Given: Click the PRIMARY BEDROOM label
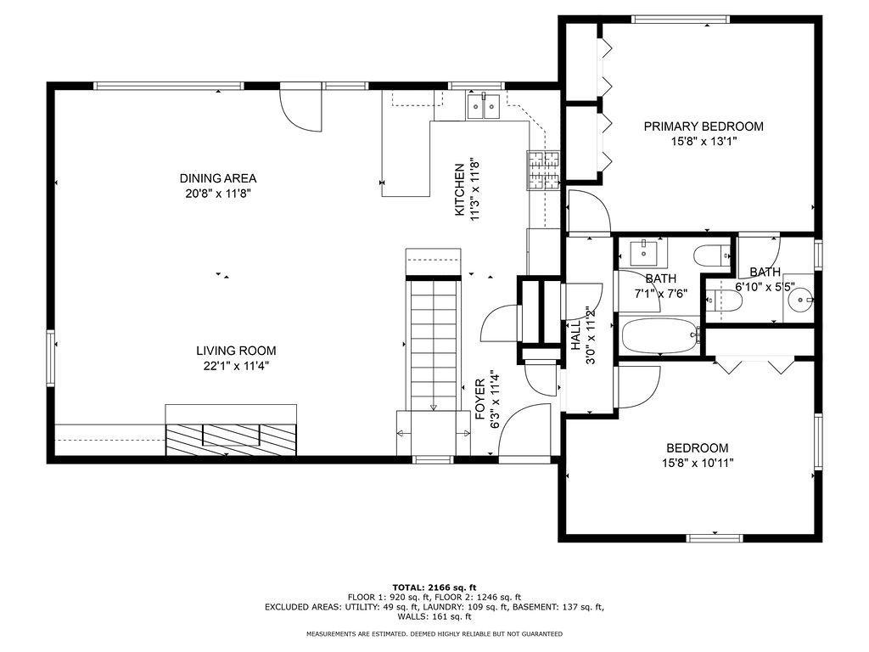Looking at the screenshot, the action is pyautogui.click(x=704, y=126).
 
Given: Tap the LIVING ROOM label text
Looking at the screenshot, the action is pyautogui.click(x=236, y=351).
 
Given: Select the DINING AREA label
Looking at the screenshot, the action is pyautogui.click(x=218, y=178).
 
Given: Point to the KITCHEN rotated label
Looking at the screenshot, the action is pyautogui.click(x=459, y=189).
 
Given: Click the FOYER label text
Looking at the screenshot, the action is pyautogui.click(x=480, y=399).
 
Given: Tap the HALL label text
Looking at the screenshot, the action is pyautogui.click(x=576, y=334).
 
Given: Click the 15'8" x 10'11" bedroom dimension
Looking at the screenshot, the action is pyautogui.click(x=698, y=463).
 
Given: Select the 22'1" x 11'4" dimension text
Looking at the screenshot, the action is pyautogui.click(x=236, y=366).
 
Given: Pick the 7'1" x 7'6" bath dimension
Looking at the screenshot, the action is pyautogui.click(x=660, y=293).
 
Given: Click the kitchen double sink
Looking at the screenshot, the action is pyautogui.click(x=483, y=106).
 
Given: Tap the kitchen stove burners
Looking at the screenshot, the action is pyautogui.click(x=543, y=170).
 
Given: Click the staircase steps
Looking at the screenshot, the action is pyautogui.click(x=434, y=345).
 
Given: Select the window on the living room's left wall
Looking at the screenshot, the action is pyautogui.click(x=50, y=357).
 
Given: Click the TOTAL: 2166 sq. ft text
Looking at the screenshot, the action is pyautogui.click(x=434, y=587).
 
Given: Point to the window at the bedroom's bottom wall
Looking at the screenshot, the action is pyautogui.click(x=715, y=537).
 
